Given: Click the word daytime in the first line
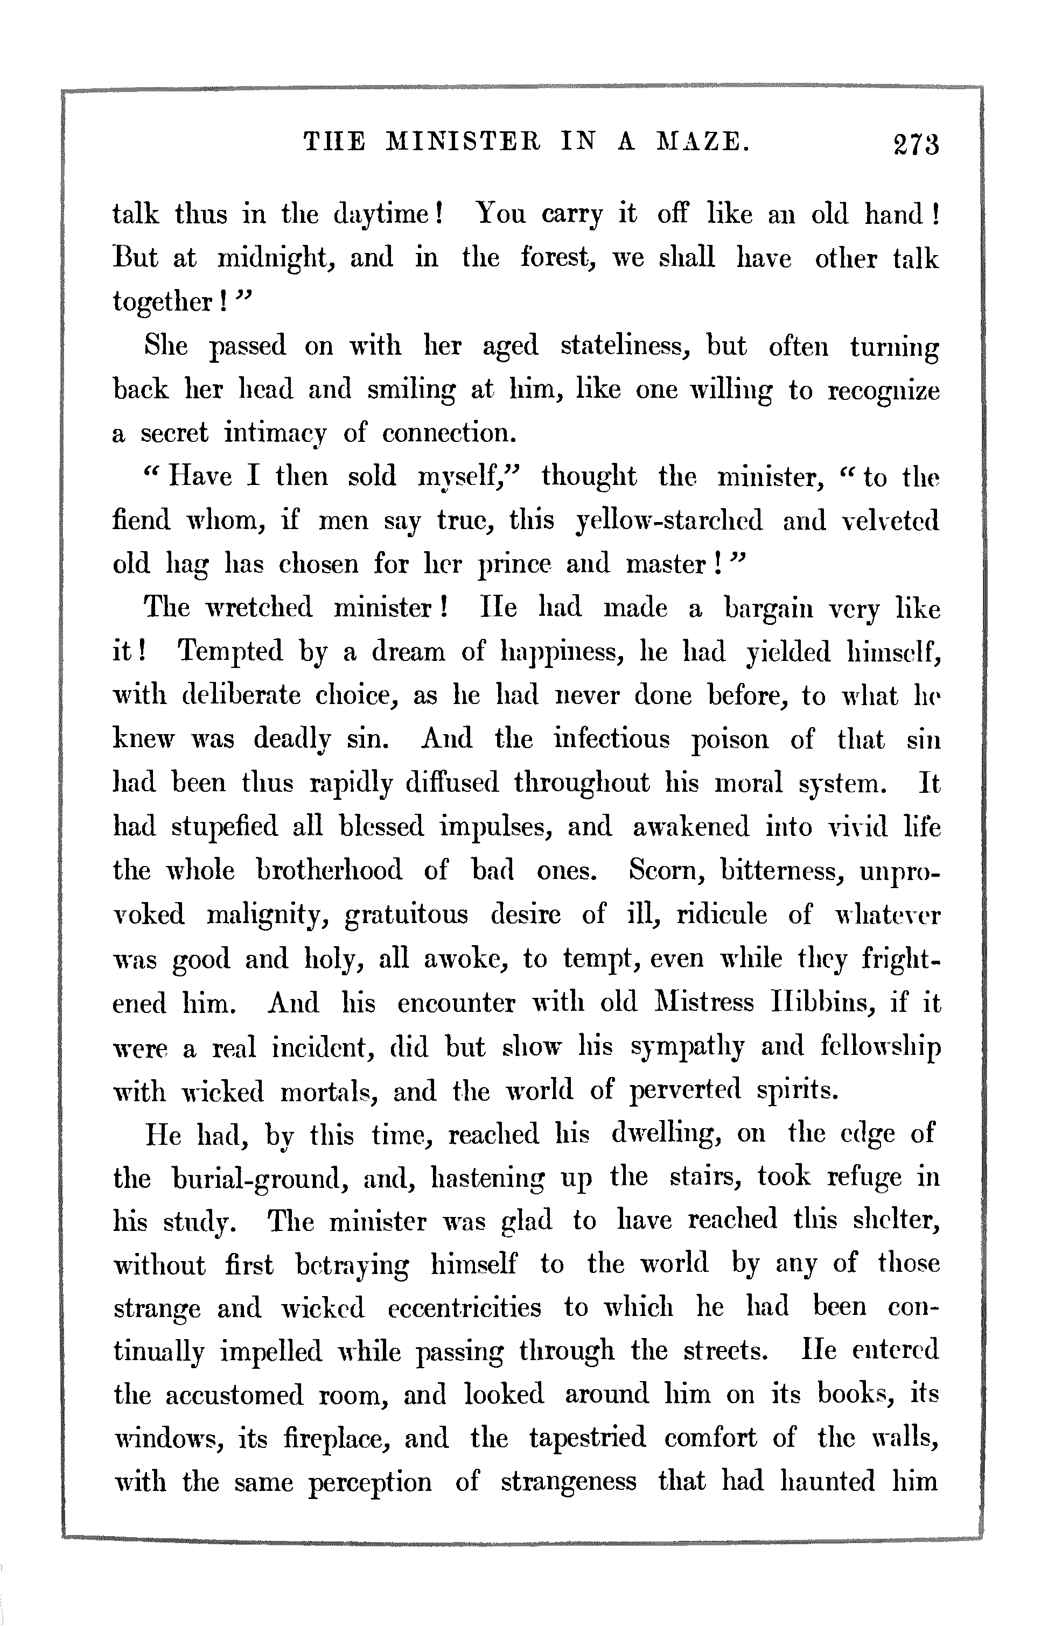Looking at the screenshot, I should click(388, 216).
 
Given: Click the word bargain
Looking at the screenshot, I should click(768, 609).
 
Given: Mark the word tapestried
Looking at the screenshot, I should click(587, 1439).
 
